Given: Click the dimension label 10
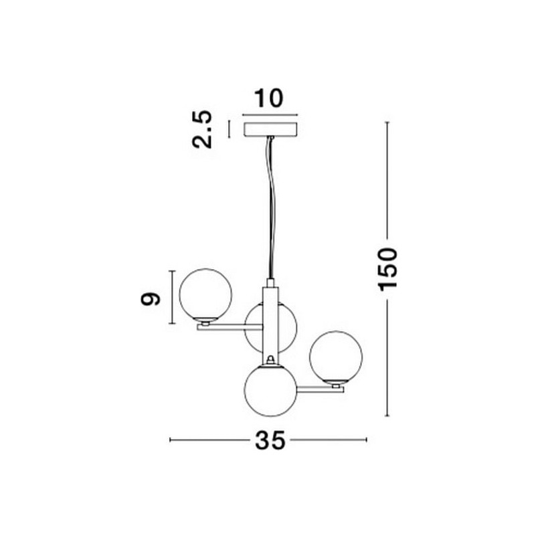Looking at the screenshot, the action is [269, 98].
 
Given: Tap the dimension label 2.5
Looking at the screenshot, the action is [202, 129].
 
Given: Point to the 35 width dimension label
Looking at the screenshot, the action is [270, 440].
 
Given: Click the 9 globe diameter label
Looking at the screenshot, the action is [151, 298].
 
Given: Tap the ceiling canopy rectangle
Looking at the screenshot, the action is [270, 129].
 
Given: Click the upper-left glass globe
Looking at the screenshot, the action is [205, 294].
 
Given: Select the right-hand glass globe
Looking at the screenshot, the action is [335, 357].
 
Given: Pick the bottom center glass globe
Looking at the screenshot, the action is [270, 391].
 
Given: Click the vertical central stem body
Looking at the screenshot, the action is [270, 326].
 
